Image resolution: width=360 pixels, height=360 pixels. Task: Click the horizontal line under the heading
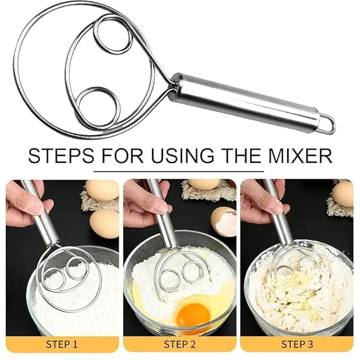coord(178,171)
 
